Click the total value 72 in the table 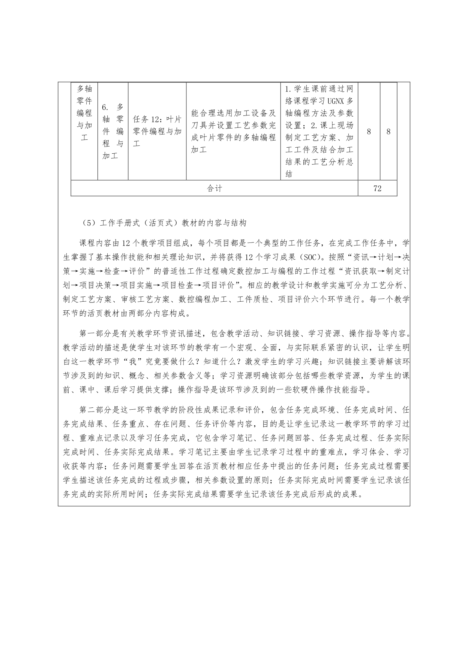point(377,189)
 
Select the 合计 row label point(214,189)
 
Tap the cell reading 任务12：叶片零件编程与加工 point(157,131)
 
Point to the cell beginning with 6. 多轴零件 point(113,131)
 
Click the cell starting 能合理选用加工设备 point(233,131)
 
